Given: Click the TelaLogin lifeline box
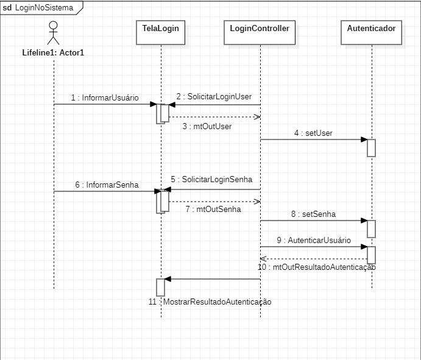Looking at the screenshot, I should pyautogui.click(x=161, y=32).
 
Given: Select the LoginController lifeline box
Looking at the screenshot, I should pyautogui.click(x=260, y=32).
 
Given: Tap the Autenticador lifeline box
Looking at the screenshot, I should pyautogui.click(x=371, y=32).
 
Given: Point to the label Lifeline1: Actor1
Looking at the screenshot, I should pyautogui.click(x=53, y=52).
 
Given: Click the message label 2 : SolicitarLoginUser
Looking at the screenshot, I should pyautogui.click(x=214, y=97).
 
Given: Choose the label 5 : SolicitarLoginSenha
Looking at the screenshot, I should pyautogui.click(x=211, y=180).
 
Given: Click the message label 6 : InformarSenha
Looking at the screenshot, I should pyautogui.click(x=107, y=185).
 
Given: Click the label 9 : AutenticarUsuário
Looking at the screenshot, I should pyautogui.click(x=314, y=240).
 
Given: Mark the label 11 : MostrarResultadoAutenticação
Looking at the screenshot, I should pyautogui.click(x=210, y=302).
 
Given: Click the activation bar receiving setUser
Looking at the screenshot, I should pyautogui.click(x=371, y=148).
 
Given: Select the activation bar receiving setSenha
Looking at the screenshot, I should pyautogui.click(x=371, y=228).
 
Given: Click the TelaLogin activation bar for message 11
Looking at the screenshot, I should pyautogui.click(x=161, y=288).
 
